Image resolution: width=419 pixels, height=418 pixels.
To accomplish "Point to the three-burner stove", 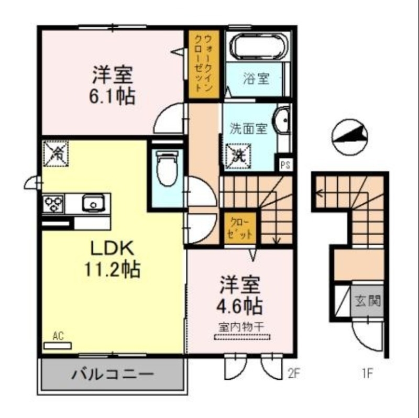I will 53,202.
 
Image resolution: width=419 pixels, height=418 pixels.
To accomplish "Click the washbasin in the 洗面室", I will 283,122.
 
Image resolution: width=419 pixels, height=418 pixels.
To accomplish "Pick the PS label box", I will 285,166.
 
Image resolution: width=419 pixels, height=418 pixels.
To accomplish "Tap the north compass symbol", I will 349,137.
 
